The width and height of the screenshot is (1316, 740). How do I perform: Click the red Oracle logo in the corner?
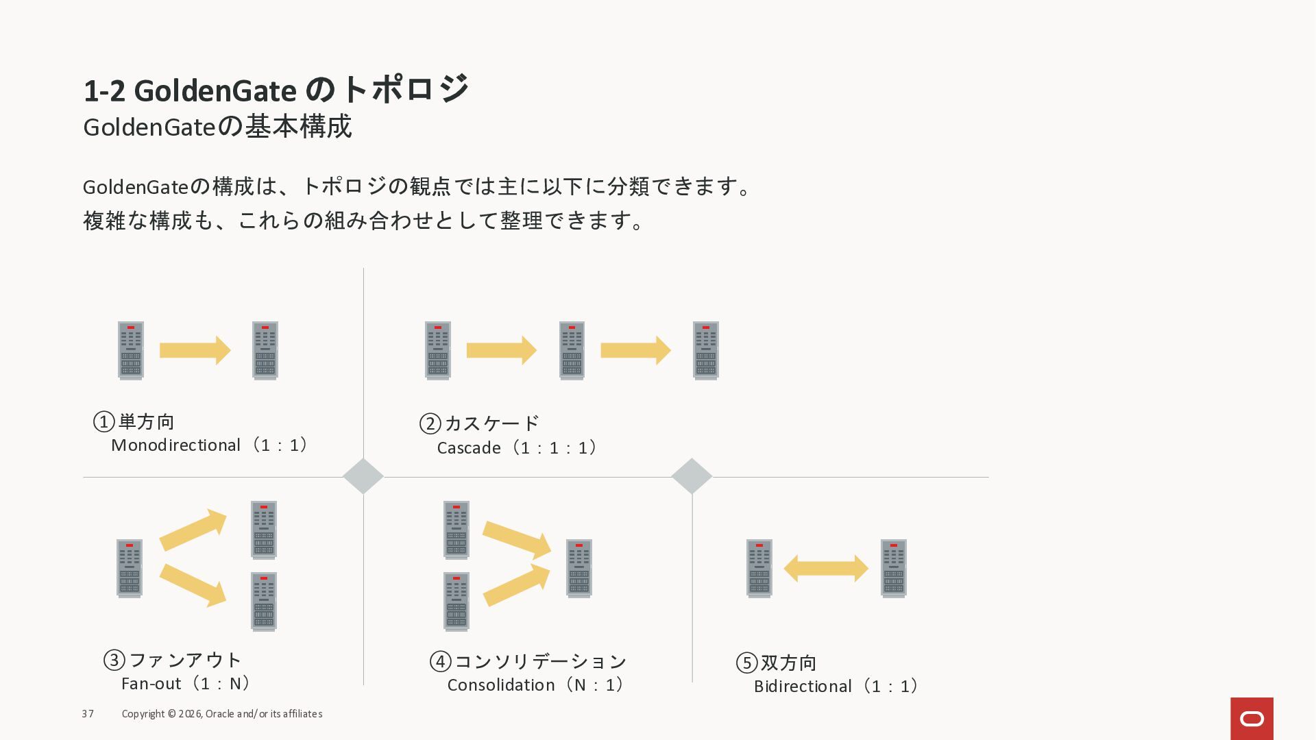[x=1252, y=718]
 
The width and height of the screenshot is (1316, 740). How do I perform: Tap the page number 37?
[x=88, y=714]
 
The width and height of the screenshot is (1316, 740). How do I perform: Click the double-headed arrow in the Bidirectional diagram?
[x=826, y=569]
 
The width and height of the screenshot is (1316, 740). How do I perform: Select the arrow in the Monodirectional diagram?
[x=195, y=350]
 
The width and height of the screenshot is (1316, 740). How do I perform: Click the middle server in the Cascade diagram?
[x=572, y=350]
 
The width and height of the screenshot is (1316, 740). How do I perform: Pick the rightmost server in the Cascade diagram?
[x=705, y=350]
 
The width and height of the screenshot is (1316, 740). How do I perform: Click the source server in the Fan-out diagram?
[x=130, y=569]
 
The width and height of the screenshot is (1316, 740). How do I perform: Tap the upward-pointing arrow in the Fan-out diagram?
[x=193, y=530]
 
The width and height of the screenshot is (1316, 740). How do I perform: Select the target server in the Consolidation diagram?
[x=579, y=569]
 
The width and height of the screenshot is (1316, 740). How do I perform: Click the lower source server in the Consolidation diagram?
[x=456, y=602]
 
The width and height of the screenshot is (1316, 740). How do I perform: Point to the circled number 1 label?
[x=103, y=421]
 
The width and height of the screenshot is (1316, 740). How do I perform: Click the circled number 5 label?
[x=746, y=663]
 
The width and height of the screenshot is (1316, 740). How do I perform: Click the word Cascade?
[x=469, y=448]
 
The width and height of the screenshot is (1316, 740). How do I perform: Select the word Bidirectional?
[x=803, y=687]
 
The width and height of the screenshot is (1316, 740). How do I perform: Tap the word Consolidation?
[x=501, y=685]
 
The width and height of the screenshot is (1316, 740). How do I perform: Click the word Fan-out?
[x=151, y=684]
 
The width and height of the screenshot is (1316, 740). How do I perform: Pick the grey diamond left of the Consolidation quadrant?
[x=363, y=476]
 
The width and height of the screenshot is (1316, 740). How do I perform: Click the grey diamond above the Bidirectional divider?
[x=692, y=476]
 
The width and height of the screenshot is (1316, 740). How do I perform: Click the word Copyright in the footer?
[x=143, y=714]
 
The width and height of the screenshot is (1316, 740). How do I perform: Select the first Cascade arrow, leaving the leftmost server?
[x=501, y=350]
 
